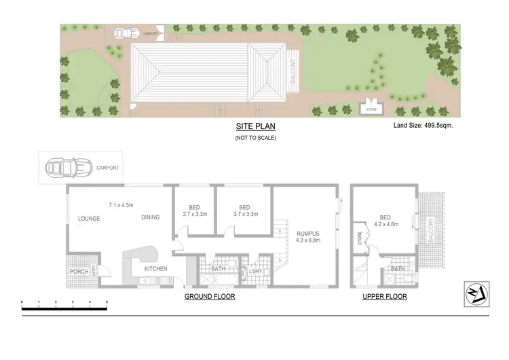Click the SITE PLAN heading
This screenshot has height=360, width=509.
point(255,126)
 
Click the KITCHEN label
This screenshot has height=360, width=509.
point(155,269)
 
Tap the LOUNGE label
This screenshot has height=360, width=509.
point(89,219)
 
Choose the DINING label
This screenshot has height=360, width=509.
point(151,217)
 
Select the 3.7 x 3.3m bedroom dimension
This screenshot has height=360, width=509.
point(244,214)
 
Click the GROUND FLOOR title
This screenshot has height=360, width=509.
point(210,298)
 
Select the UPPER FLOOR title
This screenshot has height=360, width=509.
point(385,298)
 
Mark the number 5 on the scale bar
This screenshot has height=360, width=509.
point(107,302)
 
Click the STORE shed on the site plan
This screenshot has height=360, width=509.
point(371,109)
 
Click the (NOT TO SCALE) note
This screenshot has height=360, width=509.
point(255,138)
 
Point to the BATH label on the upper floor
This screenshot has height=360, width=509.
point(397,269)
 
